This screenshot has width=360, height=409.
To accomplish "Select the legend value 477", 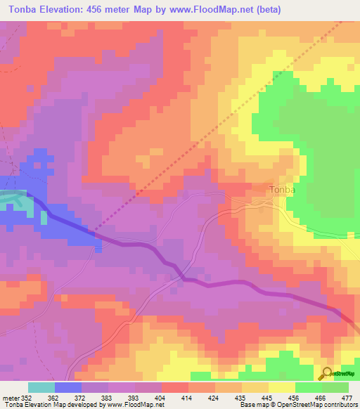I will [347, 397].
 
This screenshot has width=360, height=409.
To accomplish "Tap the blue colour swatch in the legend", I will [68, 387].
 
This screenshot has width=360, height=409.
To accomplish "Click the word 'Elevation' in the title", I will [75, 9].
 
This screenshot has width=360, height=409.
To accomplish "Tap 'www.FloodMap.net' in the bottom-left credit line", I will [134, 405].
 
